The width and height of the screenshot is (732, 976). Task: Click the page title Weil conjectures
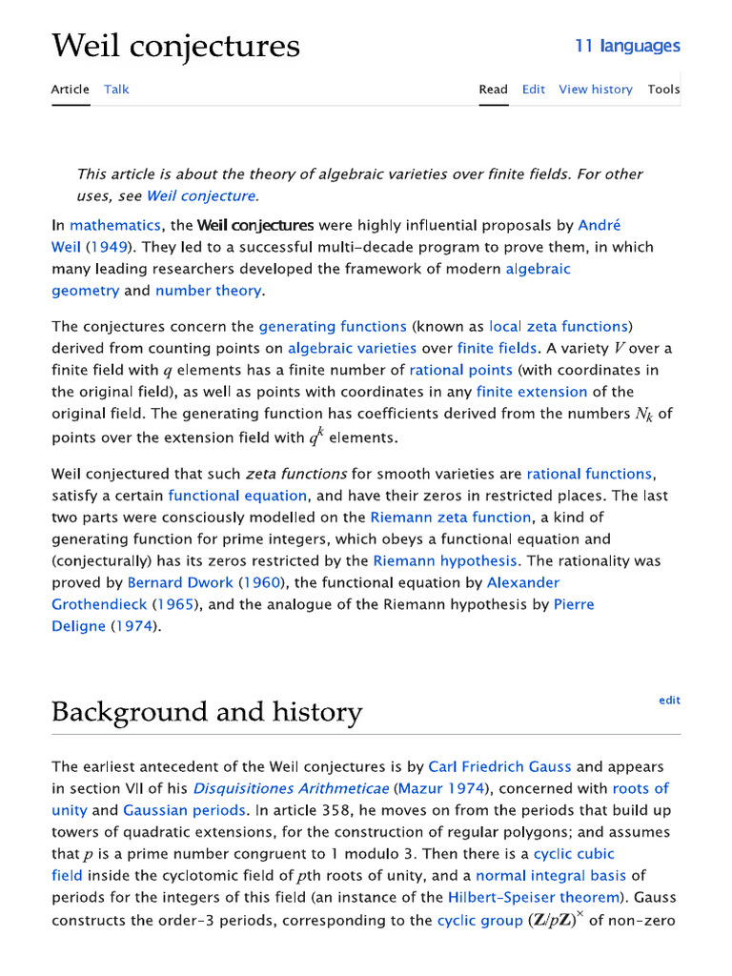[175, 45]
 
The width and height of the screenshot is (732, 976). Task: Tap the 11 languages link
[627, 46]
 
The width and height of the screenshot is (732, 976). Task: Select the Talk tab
[116, 90]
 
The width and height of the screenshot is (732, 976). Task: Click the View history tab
[595, 90]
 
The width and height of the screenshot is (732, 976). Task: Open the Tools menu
[663, 90]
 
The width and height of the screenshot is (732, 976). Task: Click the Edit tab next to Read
[533, 90]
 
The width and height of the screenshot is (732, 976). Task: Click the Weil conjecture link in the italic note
[201, 196]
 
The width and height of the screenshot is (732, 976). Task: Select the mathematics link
[115, 226]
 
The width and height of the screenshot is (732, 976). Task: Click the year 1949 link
[112, 247]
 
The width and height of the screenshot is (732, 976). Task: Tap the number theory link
[208, 291]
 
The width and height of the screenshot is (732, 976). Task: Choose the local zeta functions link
[559, 327]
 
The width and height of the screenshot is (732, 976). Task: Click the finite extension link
[532, 392]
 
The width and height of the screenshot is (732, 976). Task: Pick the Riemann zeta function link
[450, 518]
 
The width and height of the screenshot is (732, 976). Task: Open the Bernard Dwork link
[179, 582]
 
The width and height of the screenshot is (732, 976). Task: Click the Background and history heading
[207, 712]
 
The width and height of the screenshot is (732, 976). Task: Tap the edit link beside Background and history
[669, 701]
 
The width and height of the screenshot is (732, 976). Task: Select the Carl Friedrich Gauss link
[500, 766]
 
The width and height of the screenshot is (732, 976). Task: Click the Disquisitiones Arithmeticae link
[291, 788]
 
